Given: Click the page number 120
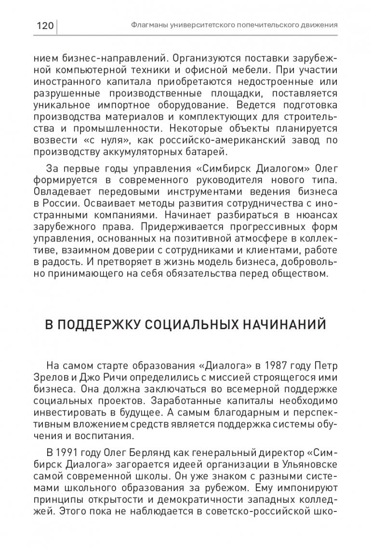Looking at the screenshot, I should tap(44, 25).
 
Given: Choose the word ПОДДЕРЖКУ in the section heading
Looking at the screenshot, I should tap(102, 324).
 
